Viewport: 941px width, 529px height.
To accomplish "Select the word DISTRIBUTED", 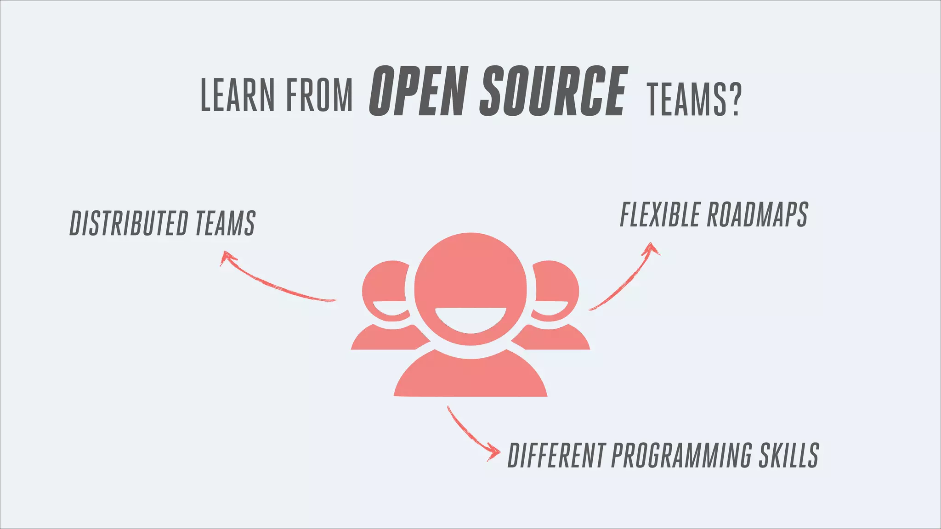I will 129,224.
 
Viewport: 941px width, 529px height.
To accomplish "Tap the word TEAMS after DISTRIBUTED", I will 225,224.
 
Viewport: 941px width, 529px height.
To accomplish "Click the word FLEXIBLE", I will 660,214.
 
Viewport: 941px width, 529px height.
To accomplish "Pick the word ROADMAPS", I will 757,214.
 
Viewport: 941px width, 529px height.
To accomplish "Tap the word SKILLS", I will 788,456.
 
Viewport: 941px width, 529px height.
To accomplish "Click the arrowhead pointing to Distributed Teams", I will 226,257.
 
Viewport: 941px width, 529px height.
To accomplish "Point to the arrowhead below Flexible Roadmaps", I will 651,249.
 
